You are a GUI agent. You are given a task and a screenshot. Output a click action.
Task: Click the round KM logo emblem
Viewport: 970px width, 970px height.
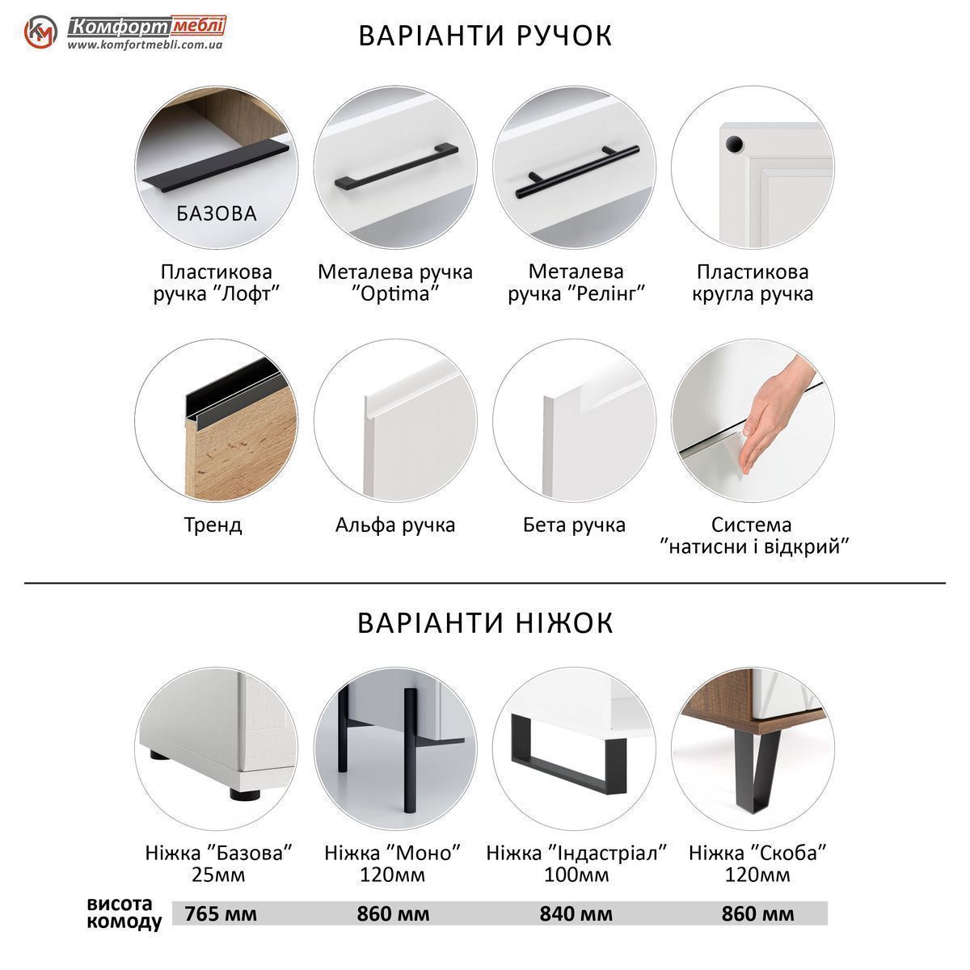40,32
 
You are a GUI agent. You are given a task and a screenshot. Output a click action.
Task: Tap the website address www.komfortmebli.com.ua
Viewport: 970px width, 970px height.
145,44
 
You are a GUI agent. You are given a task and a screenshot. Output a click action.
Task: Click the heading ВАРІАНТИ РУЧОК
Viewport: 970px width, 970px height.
485,36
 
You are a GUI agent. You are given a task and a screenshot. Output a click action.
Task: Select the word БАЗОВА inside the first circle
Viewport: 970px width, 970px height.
217,214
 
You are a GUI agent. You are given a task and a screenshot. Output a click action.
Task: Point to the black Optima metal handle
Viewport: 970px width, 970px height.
397,167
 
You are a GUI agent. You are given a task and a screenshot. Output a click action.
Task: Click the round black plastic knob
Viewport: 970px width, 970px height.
734,144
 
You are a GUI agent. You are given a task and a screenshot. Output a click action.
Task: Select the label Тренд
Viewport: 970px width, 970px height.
213,525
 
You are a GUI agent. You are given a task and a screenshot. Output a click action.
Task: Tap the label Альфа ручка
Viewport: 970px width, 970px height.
395,525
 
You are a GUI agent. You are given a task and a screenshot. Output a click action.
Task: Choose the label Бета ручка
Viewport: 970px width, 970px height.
575,525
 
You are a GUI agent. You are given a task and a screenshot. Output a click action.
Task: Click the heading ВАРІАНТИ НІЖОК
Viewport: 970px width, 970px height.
485,622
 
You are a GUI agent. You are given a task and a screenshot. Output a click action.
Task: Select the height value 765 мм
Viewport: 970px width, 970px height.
221,913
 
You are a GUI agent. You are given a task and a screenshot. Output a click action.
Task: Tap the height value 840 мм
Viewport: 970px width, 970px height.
576,913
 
